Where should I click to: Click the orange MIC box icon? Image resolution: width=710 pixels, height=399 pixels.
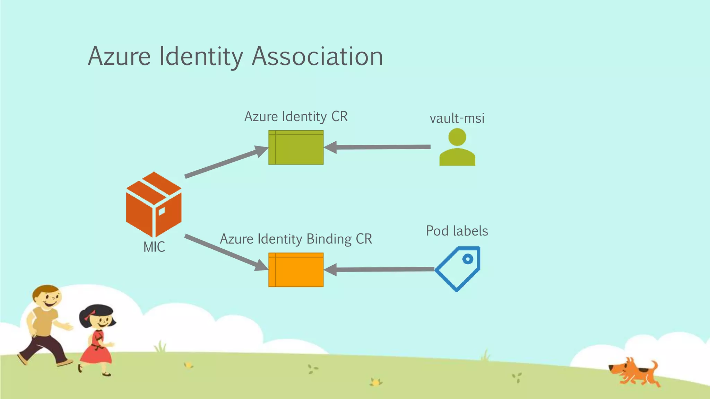[154, 204]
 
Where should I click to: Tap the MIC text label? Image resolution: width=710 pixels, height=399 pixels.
[154, 247]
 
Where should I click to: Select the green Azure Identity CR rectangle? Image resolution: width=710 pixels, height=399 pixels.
[296, 148]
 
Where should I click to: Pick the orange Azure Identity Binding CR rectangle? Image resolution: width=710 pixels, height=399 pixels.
[296, 270]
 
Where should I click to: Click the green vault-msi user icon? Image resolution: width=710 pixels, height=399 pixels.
[457, 148]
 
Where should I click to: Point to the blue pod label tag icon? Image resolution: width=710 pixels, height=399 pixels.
[458, 269]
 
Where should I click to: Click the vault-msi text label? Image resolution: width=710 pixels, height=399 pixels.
[457, 118]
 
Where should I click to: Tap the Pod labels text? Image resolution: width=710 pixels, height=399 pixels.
[457, 231]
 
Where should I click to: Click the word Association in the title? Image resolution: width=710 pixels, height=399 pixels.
[317, 56]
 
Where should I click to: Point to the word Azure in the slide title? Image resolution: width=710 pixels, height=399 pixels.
[119, 56]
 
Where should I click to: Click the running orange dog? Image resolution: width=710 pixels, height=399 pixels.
[634, 372]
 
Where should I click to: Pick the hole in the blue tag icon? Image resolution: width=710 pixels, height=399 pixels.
[468, 259]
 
